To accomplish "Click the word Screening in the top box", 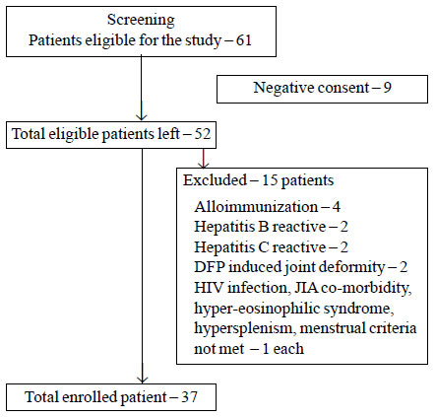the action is click(141, 21).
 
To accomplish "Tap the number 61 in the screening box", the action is click(243, 40).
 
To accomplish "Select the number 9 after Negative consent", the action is click(388, 88).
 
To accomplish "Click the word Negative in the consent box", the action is click(279, 88).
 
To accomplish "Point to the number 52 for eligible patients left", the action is click(203, 134).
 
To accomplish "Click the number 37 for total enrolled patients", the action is click(189, 397).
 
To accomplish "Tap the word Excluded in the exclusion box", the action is click(215, 180).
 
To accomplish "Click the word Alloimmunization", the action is click(256, 207).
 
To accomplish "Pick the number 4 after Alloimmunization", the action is click(337, 207).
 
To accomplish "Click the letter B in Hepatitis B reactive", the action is click(264, 227).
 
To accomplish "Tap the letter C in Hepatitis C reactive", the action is click(264, 247).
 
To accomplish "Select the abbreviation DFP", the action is click(210, 267).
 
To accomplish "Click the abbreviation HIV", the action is click(209, 288).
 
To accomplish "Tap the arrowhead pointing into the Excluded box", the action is click(204, 165).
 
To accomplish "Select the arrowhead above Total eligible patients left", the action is click(142, 116).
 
